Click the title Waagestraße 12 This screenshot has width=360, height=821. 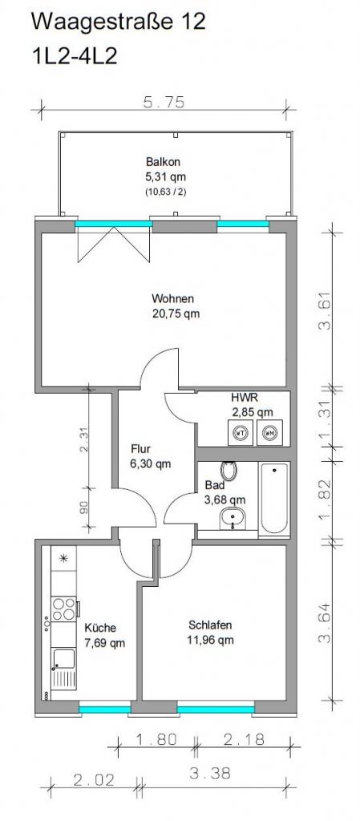click(118, 22)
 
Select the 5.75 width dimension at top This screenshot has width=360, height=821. click(164, 103)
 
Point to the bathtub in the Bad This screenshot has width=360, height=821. click(273, 499)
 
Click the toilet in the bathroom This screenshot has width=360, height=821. click(229, 470)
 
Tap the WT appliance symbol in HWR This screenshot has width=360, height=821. click(241, 432)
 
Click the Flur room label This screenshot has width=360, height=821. click(141, 449)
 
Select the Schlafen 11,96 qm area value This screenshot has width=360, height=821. click(211, 640)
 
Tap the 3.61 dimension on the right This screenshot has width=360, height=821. click(325, 310)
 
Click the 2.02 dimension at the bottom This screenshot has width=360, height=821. click(94, 780)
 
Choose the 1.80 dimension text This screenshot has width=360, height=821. click(156, 738)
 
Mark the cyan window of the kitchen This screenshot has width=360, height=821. click(105, 710)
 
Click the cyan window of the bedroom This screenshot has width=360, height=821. click(216, 710)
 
